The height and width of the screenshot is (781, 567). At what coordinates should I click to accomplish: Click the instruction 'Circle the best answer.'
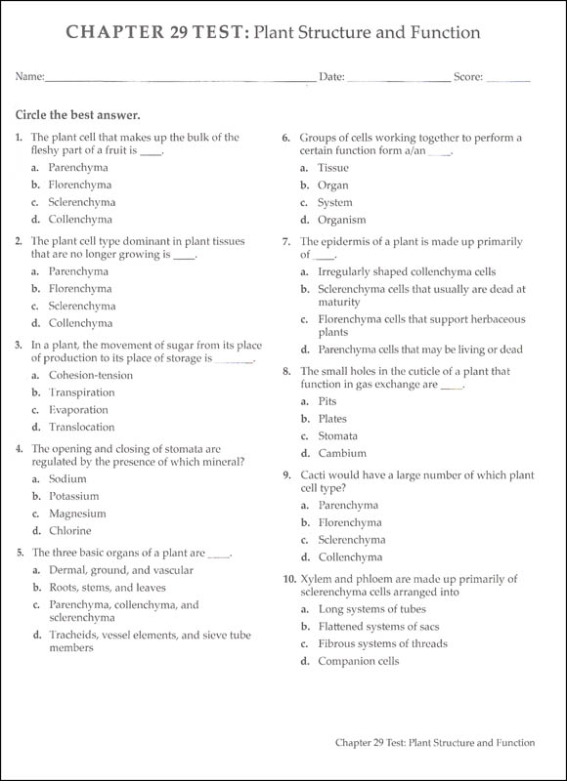click(x=78, y=114)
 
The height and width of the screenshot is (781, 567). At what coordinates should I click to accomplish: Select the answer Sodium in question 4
click(x=67, y=479)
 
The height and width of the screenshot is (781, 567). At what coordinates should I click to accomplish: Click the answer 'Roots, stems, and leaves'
click(x=108, y=588)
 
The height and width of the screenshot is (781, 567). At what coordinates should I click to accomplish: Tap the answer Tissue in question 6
click(x=333, y=168)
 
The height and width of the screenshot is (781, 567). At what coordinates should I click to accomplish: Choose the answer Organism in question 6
click(x=341, y=221)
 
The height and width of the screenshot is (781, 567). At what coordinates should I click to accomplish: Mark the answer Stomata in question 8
click(x=337, y=436)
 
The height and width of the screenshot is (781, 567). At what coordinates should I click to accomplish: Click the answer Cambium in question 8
click(x=342, y=454)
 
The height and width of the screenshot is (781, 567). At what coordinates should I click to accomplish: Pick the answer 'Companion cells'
click(x=359, y=662)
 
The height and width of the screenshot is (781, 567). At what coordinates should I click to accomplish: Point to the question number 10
click(x=289, y=579)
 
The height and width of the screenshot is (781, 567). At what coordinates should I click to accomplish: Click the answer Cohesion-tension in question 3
click(x=90, y=375)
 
